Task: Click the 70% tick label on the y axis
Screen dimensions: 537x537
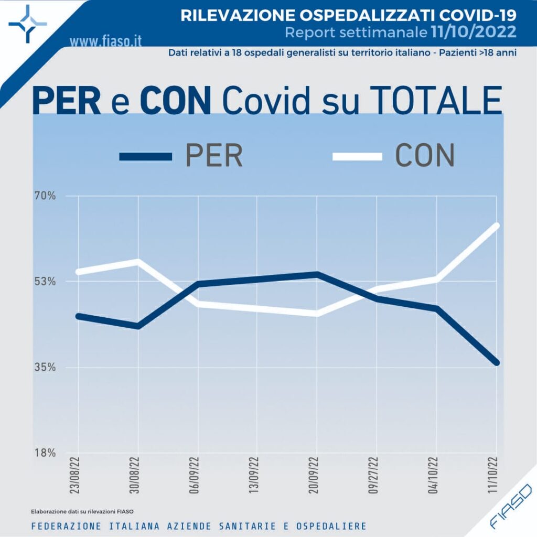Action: pos(45,196)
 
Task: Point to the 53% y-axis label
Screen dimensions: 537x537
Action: pos(45,282)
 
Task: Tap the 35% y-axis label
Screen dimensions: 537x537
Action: pos(45,367)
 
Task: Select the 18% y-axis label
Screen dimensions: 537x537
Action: pos(45,453)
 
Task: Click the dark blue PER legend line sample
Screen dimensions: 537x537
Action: pos(145,156)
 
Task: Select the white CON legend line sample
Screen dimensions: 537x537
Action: pos(357,156)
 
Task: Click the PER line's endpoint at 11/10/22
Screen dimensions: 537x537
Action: pos(496,362)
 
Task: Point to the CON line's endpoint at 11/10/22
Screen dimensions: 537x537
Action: pos(496,225)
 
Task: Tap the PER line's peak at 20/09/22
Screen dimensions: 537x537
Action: pos(317,274)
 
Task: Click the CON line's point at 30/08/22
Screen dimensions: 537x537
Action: pos(137,261)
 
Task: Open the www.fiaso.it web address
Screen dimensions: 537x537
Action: pos(105,40)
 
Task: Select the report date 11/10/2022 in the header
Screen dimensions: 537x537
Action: pos(474,33)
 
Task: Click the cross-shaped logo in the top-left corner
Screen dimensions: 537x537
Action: pos(28,24)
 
